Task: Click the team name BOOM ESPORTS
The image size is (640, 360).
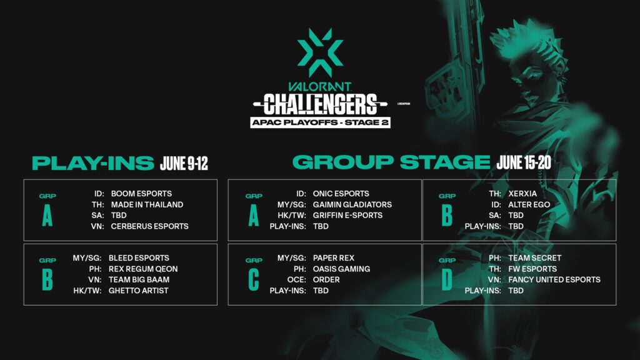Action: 141,194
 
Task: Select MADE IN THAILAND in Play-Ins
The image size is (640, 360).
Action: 147,204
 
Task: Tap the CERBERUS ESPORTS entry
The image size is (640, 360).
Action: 149,226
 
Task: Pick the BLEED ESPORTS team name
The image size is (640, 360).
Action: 139,258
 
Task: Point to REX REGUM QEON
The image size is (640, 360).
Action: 143,269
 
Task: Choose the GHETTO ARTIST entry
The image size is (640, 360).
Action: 139,291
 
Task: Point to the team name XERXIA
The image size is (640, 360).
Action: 522,194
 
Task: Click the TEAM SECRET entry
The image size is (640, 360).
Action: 535,258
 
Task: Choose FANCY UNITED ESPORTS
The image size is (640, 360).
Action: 554,280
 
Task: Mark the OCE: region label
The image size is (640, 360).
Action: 296,280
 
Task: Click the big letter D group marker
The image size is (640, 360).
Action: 446,280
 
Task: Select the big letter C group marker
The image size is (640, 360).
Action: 253,280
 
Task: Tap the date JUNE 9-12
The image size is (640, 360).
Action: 184,164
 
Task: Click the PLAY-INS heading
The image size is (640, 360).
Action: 93,164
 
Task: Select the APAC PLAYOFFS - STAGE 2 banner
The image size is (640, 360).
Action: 320,122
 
